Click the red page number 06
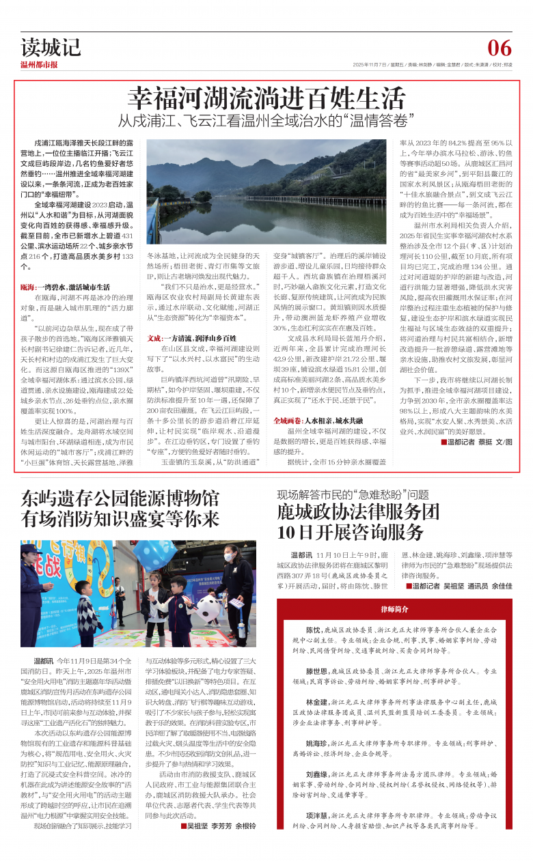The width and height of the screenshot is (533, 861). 499,48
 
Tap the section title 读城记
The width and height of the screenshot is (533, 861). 51,47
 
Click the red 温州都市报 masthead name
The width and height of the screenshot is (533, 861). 39,65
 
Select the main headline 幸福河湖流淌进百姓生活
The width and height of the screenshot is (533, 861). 267,96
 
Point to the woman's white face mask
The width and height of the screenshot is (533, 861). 228,558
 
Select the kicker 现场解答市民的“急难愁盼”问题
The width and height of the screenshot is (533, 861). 353,494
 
